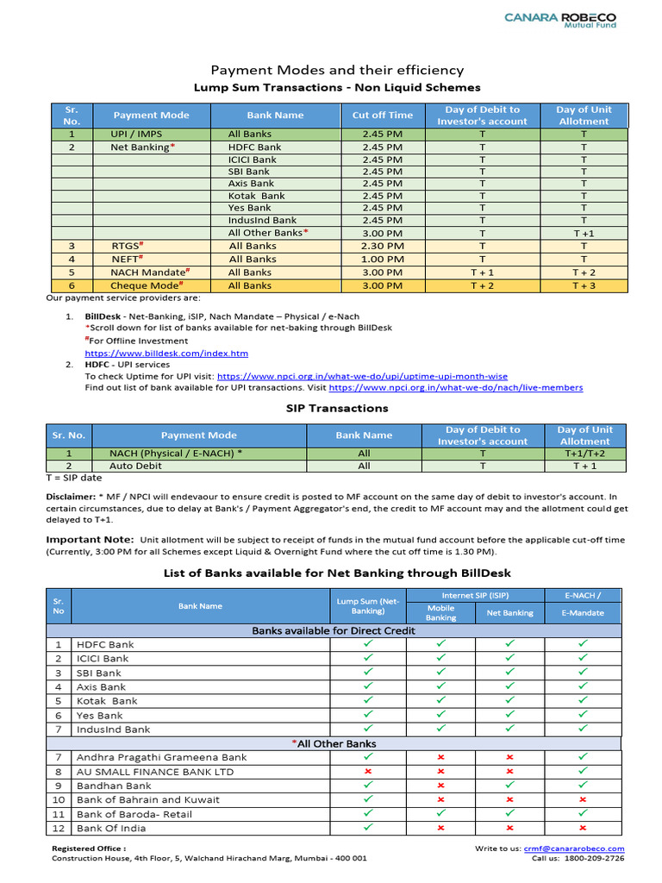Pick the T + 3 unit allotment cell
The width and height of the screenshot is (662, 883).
click(584, 285)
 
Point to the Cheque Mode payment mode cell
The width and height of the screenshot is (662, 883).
click(147, 285)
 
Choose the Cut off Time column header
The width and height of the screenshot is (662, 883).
click(382, 116)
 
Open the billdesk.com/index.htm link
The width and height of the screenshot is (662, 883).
click(166, 354)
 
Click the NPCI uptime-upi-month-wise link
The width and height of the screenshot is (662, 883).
click(362, 377)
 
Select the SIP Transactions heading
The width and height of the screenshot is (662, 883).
click(337, 408)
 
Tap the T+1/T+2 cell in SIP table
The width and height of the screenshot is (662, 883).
click(584, 453)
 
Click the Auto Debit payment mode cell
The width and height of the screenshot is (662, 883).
click(136, 466)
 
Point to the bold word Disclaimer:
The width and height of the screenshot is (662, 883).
click(71, 497)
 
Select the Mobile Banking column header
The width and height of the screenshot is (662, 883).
click(441, 612)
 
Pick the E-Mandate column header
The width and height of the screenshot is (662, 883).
click(583, 613)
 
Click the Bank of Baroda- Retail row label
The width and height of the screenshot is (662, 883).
click(134, 814)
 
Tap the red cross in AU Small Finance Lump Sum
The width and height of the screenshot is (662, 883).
click(368, 771)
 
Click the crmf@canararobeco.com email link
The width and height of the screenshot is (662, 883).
click(573, 849)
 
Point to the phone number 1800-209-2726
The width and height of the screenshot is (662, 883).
click(595, 859)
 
